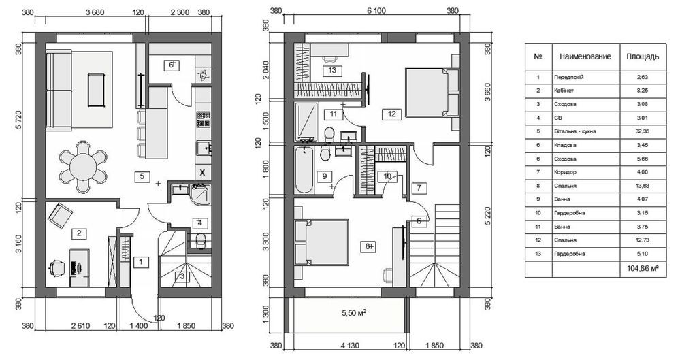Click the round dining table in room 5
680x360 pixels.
coord(83,167)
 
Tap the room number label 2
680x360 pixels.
coord(79,233)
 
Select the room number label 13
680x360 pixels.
coord(332,70)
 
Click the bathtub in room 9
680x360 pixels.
coord(304,169)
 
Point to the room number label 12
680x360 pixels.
coord(392,114)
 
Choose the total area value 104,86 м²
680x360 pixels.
coord(640,269)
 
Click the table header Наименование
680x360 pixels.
coord(585,56)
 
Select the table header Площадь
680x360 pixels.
coord(643,56)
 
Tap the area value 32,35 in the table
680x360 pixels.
coord(643,131)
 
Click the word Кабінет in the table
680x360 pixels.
coord(564,91)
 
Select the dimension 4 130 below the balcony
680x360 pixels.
coord(350,346)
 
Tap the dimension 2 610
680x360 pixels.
coord(81,326)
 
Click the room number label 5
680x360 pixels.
coord(142,176)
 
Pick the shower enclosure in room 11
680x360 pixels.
coord(306,122)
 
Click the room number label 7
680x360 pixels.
coord(419,189)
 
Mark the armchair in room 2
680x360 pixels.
coord(61,216)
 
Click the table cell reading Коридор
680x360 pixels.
coord(565,172)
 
